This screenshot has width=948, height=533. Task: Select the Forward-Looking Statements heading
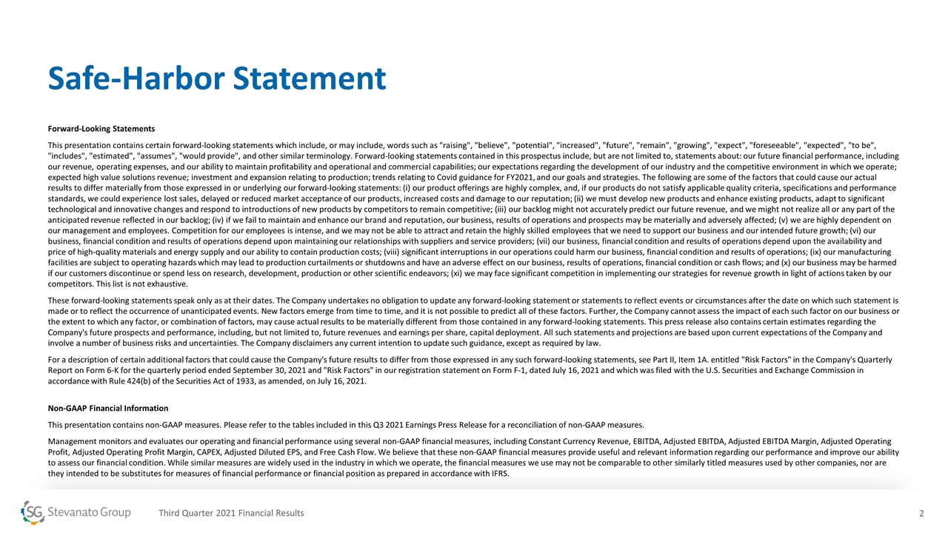(x=101, y=129)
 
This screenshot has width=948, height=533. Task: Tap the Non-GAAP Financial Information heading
(x=107, y=408)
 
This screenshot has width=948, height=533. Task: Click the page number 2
(x=921, y=513)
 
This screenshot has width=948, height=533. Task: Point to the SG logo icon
(x=33, y=513)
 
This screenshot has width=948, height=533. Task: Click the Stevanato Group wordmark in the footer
(x=89, y=513)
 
